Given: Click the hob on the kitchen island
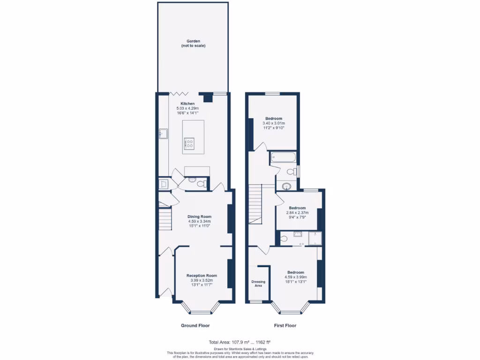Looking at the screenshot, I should [x=190, y=143].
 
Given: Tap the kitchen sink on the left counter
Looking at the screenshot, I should [x=163, y=134].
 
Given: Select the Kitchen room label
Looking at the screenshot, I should [x=187, y=104].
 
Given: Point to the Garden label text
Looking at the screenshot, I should [x=193, y=41].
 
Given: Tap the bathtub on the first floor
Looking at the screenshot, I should [x=283, y=158].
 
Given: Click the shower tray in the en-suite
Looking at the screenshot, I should [x=316, y=238].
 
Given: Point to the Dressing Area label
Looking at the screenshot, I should [x=258, y=283].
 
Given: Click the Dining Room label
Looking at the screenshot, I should [x=200, y=217].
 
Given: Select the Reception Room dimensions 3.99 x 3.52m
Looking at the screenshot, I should [x=202, y=280].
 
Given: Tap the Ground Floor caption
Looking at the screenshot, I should [x=195, y=325].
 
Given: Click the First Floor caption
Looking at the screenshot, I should [x=285, y=325].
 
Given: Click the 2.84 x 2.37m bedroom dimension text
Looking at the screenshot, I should [x=297, y=212].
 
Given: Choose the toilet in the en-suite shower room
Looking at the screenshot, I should [x=284, y=239].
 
